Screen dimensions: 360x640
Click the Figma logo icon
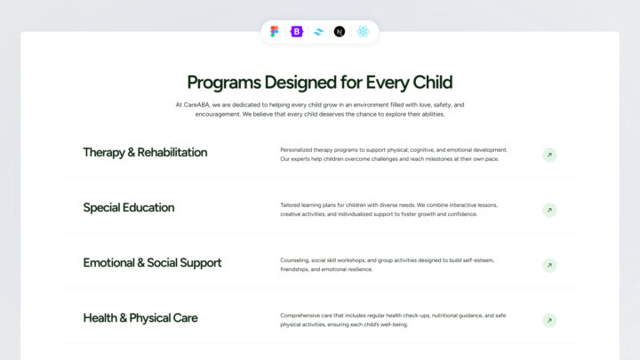coord(274,32)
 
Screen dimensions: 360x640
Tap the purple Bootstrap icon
coord(295,32)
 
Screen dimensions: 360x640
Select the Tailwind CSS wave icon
coord(317,32)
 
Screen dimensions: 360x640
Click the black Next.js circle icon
coord(340,32)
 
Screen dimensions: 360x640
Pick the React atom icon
coord(363,32)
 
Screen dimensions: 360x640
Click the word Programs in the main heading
coord(225,83)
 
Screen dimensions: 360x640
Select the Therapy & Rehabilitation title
coord(145,152)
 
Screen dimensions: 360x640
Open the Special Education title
coord(129,207)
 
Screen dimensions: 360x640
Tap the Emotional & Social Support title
coord(152,262)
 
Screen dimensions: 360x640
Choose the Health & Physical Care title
coord(140,317)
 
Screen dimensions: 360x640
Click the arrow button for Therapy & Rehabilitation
coord(549,156)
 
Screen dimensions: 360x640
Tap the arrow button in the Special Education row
coord(549,211)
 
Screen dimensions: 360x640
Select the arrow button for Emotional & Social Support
coord(549,266)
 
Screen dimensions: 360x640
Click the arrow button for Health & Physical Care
coord(549,321)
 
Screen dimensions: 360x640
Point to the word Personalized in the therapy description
coord(299,149)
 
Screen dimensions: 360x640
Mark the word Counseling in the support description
coord(296,260)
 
